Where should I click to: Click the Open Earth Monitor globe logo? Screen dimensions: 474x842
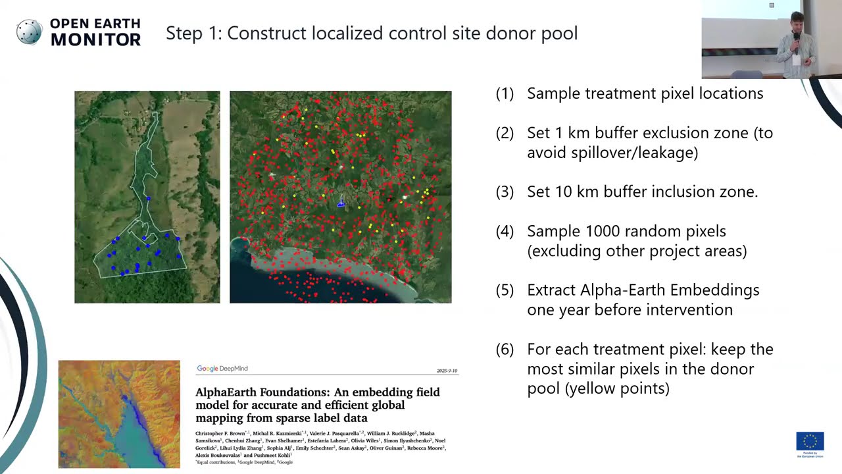[x=29, y=32]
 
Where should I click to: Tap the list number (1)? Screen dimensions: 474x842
[x=505, y=93]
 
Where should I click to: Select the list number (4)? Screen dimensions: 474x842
[x=505, y=231]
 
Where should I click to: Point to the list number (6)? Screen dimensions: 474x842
[x=505, y=349]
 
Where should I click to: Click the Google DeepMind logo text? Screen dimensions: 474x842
[x=222, y=369]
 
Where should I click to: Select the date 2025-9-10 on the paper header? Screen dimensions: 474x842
[x=447, y=371]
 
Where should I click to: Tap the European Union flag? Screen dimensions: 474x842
[x=810, y=441]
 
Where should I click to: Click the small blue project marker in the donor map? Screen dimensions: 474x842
[x=341, y=204]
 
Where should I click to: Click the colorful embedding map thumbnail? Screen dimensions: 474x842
[x=119, y=414]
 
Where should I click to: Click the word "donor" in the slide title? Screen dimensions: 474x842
[x=508, y=33]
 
